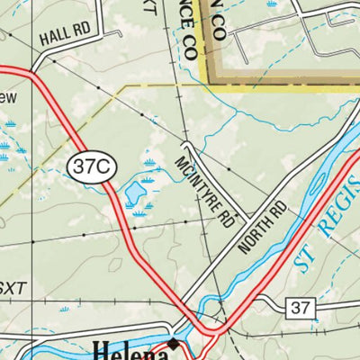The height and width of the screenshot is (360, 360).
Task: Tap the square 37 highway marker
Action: (301, 309)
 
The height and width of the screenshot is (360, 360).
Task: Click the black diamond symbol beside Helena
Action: (175, 344)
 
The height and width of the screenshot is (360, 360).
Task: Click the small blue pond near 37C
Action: (134, 191)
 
